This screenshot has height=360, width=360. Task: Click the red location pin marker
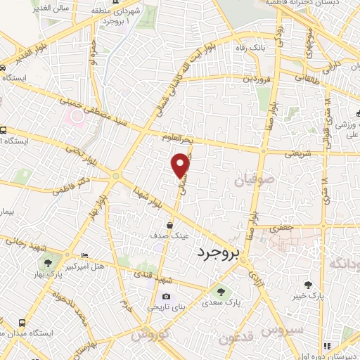[181, 165]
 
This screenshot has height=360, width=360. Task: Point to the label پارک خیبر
[307, 297]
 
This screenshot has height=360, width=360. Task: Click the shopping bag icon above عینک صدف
[170, 226]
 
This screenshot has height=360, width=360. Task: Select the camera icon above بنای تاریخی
[166, 296]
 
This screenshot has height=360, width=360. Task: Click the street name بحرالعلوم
[176, 138]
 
